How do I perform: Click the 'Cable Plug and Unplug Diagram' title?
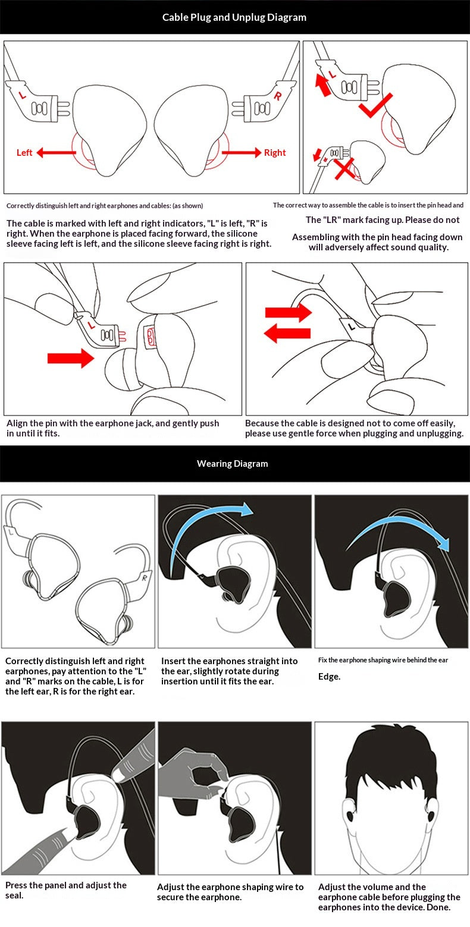[234, 17]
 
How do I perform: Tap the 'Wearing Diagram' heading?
[232, 464]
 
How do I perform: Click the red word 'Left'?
[24, 153]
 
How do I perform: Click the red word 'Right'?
[274, 153]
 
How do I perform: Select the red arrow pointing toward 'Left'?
[57, 153]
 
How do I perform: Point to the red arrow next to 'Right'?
[242, 153]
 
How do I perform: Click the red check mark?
[375, 105]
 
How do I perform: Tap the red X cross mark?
[344, 169]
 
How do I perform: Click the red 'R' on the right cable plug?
[277, 96]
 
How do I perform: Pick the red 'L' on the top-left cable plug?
[22, 96]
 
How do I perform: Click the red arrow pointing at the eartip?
[71, 358]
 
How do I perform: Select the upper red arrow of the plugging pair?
[289, 312]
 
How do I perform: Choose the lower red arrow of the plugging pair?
[287, 333]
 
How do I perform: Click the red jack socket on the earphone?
[150, 335]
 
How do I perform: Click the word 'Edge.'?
[329, 677]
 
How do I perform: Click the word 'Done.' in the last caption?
[438, 907]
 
